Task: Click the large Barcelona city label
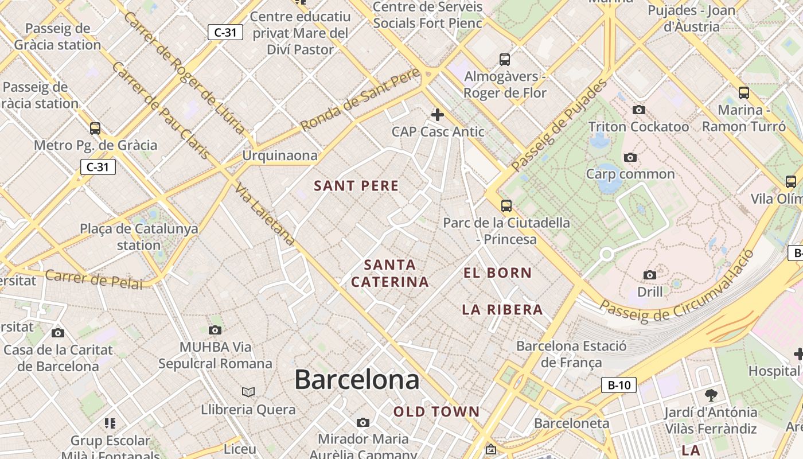point(357,380)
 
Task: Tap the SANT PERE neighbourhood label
point(356,186)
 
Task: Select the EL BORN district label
point(498,273)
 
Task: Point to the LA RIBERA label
point(502,310)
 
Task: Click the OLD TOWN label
point(436,411)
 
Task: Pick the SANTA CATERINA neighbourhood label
point(390,273)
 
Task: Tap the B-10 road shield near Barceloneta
point(619,385)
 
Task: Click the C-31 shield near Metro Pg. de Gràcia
point(98,167)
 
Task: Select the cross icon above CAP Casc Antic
point(438,115)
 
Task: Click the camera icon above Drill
point(650,275)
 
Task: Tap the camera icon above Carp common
point(630,157)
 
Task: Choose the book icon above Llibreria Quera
point(248,392)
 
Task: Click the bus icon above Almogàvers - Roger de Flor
point(505,59)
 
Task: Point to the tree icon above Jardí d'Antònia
point(711,395)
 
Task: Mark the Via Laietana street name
point(265,216)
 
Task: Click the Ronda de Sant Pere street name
point(360,100)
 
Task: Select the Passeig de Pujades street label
point(559,126)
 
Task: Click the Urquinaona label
point(279,155)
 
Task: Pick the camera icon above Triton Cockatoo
point(638,110)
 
